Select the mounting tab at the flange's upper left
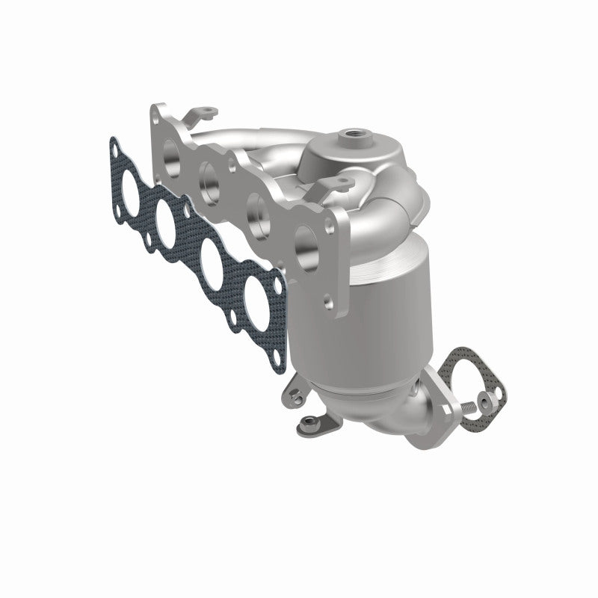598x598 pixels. point(202,113)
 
